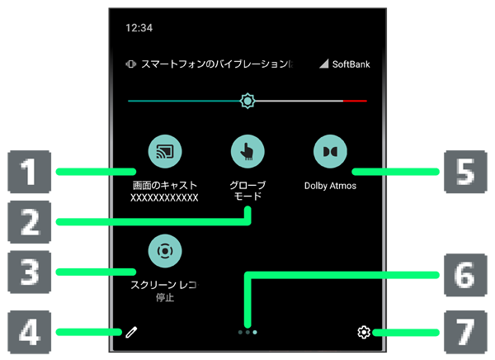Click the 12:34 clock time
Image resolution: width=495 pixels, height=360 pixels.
[x=139, y=28]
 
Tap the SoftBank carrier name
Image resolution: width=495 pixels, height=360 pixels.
[x=351, y=64]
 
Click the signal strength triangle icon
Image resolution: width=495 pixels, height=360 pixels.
[x=324, y=64]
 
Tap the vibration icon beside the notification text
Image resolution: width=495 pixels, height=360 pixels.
[x=130, y=64]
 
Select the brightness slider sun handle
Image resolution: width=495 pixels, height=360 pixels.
[x=247, y=101]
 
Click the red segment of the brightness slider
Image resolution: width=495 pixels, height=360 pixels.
[x=355, y=101]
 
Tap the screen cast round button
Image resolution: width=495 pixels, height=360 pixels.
[x=165, y=151]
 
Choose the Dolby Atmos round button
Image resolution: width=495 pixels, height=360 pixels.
[x=330, y=151]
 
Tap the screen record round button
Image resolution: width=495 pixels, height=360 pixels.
[x=165, y=251]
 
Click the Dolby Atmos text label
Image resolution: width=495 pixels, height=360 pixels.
[x=330, y=186]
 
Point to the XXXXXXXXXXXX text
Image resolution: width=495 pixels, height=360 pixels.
[x=164, y=198]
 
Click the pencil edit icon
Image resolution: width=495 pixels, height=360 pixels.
[x=131, y=333]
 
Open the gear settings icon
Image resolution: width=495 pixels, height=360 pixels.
[x=364, y=333]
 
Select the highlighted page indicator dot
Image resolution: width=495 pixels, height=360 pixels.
[x=255, y=332]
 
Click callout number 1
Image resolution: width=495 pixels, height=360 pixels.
[x=30, y=172]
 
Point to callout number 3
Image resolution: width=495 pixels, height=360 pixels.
[x=30, y=272]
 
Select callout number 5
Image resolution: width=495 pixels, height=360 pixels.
[x=465, y=172]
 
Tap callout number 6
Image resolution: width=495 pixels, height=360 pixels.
[x=465, y=275]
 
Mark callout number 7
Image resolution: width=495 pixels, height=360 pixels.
[x=465, y=332]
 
